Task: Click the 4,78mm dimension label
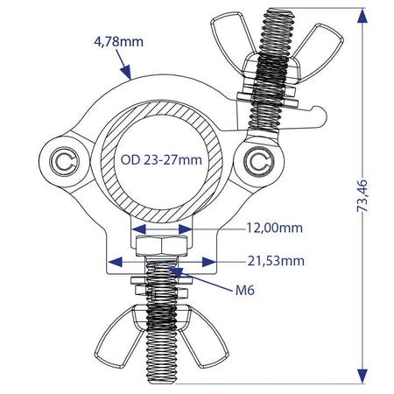click(118, 42)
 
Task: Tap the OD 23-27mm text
click(161, 160)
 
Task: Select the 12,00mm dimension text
click(275, 228)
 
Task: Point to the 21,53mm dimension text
click(276, 261)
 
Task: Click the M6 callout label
click(245, 290)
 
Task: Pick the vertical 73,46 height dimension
click(362, 196)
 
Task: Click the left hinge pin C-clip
click(64, 161)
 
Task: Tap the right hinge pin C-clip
click(258, 161)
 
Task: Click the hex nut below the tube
click(162, 246)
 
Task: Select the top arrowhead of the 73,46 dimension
click(362, 16)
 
